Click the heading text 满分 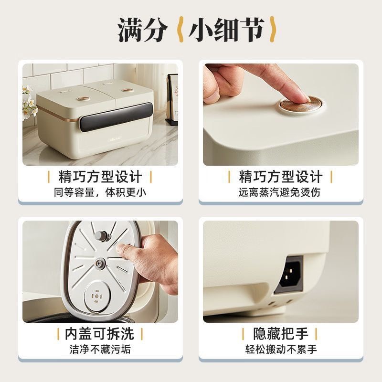(x=143, y=30)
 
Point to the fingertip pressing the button (x=292, y=95)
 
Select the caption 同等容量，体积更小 (x=100, y=192)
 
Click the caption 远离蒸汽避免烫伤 (x=280, y=192)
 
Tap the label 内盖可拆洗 (x=100, y=333)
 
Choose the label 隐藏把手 (x=281, y=333)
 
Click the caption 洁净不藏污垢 (x=100, y=349)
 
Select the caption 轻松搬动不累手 (x=281, y=349)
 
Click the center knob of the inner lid (x=100, y=263)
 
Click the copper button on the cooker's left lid (x=84, y=98)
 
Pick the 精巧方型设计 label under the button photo (x=280, y=177)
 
